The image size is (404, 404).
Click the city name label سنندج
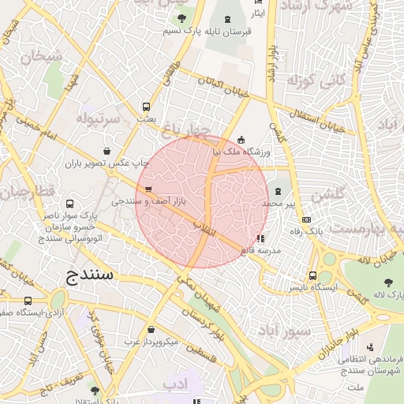87,275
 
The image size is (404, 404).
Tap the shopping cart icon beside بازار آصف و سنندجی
148,189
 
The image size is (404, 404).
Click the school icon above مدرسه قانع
261,238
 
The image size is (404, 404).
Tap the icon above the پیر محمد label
278,190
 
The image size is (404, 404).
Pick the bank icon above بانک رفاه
307,219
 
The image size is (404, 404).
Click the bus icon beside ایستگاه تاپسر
313,276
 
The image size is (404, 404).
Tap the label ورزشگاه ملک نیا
241,151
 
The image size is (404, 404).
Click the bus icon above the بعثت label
146,107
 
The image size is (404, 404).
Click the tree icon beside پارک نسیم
182,17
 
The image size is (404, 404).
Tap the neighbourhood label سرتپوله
98,118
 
